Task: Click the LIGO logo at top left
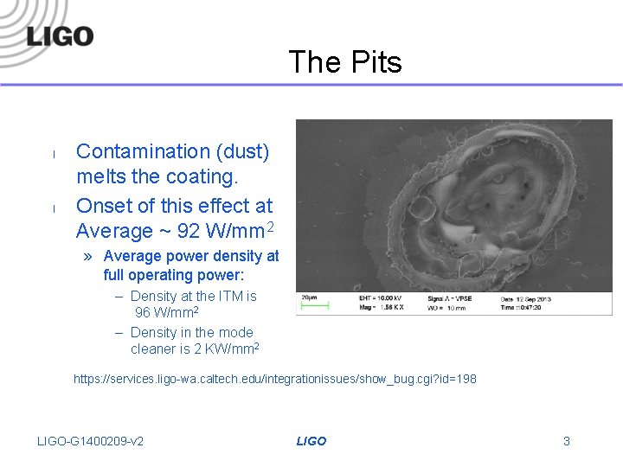(x=59, y=36)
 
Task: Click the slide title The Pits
(x=344, y=62)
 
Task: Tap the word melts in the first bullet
(x=102, y=177)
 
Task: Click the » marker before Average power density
(x=90, y=256)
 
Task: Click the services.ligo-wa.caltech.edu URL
(x=274, y=379)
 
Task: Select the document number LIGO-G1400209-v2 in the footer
(x=91, y=441)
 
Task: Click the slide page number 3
(x=566, y=441)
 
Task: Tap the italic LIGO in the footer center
(x=311, y=441)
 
